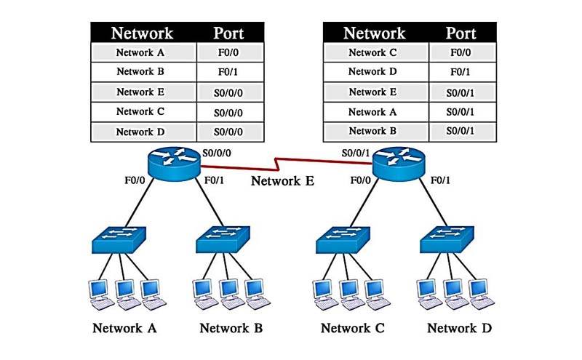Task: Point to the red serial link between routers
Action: coord(291,160)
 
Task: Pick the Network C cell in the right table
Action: coord(376,52)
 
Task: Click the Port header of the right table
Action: coord(461,33)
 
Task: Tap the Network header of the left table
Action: coord(143,33)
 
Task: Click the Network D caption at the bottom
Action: coord(459,328)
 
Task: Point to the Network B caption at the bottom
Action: coord(231,328)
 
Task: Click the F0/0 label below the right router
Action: coord(362,180)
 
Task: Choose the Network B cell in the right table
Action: coord(376,132)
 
